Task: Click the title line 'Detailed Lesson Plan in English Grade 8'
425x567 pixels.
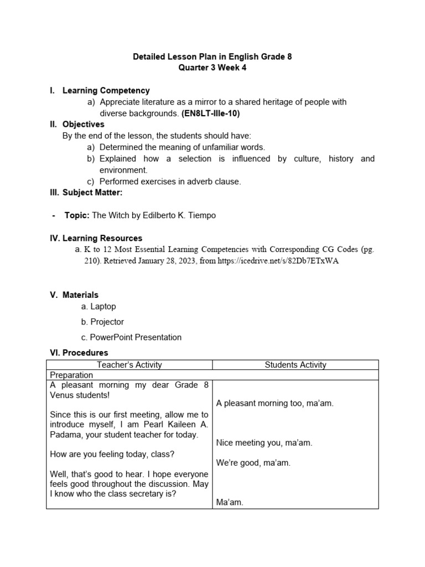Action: click(x=212, y=56)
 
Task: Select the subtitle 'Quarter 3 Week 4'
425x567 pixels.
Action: click(x=212, y=68)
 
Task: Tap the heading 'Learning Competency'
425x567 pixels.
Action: click(x=106, y=90)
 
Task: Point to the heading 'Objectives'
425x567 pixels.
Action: click(x=83, y=125)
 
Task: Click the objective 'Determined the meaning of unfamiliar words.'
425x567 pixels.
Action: click(x=182, y=147)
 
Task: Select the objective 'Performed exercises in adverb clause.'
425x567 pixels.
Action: click(x=170, y=182)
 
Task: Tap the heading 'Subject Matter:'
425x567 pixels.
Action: click(x=91, y=193)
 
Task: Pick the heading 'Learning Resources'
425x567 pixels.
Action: click(x=102, y=238)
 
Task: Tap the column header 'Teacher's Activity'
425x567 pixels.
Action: click(x=129, y=365)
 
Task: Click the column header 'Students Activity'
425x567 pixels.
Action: click(x=296, y=365)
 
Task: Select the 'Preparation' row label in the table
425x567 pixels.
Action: click(x=71, y=375)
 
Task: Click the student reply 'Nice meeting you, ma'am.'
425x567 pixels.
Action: click(x=265, y=442)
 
